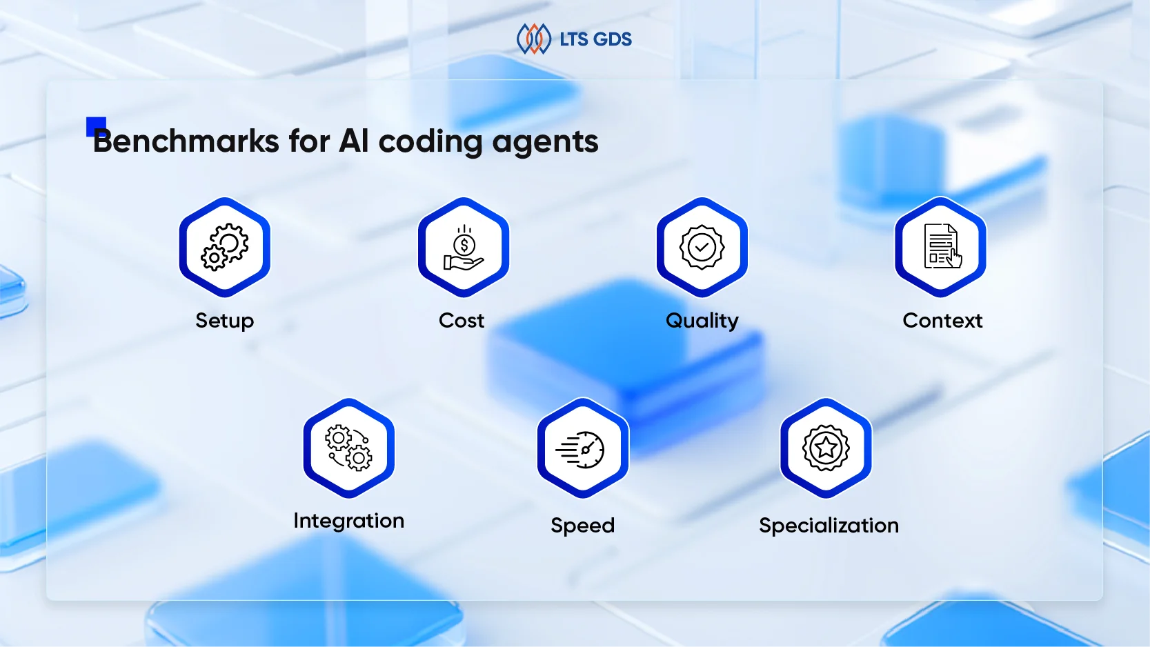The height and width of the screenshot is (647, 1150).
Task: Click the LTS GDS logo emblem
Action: pos(533,39)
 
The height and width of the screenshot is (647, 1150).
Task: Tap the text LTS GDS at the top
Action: pos(595,39)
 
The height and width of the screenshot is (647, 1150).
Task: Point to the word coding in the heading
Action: pos(430,142)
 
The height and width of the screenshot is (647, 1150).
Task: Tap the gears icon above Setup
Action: pos(225,247)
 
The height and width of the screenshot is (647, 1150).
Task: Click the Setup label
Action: pos(225,321)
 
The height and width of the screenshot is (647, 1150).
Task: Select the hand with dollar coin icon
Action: pos(464,248)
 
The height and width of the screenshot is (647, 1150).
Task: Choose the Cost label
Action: pos(462,321)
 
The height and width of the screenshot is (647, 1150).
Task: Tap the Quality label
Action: pos(702,321)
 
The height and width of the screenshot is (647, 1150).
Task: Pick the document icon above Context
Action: pos(941,247)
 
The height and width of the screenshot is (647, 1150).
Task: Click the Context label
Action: pos(942,321)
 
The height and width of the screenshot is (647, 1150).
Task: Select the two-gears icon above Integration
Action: pos(349,448)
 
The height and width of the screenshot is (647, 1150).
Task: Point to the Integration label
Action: pos(349,521)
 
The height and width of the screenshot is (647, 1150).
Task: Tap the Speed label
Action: pos(583,526)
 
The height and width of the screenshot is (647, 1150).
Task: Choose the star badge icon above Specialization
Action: pos(826,448)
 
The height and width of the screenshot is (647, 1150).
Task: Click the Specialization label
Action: pos(829,526)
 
